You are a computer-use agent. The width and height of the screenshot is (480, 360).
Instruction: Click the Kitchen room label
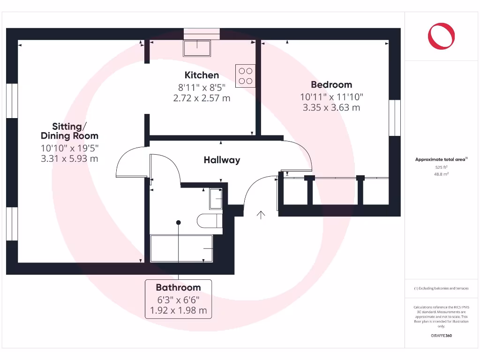click(202, 75)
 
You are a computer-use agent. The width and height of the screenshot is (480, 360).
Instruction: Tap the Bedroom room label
click(331, 85)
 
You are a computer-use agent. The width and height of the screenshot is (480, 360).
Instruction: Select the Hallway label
click(222, 160)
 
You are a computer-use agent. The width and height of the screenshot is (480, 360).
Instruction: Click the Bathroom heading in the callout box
click(178, 287)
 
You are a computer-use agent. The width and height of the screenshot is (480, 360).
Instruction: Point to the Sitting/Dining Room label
click(69, 131)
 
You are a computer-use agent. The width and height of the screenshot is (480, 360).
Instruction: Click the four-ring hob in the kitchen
click(246, 76)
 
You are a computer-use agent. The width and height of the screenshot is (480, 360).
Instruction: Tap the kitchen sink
click(196, 48)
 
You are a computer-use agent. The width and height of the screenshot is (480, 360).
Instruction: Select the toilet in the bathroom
click(210, 221)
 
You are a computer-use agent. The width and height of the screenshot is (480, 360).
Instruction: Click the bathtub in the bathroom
click(181, 248)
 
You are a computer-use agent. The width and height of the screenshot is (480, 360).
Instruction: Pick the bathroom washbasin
click(216, 199)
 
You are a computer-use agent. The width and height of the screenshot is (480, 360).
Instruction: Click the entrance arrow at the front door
click(261, 215)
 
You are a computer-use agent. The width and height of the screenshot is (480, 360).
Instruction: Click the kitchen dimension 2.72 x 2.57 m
click(202, 98)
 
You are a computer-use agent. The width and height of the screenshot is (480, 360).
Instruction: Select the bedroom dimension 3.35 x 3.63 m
click(331, 107)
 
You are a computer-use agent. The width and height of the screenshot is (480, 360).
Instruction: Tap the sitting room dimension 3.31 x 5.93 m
click(69, 158)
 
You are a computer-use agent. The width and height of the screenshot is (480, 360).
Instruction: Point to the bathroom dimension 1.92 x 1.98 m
click(178, 310)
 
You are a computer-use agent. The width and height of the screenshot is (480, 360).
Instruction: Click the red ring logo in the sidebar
click(441, 37)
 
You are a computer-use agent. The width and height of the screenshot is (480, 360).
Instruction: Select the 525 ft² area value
click(441, 167)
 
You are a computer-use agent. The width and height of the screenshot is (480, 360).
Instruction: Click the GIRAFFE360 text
click(441, 336)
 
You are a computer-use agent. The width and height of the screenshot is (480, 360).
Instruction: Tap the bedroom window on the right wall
click(395, 118)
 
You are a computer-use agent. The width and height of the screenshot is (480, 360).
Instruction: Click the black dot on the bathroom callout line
click(179, 223)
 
